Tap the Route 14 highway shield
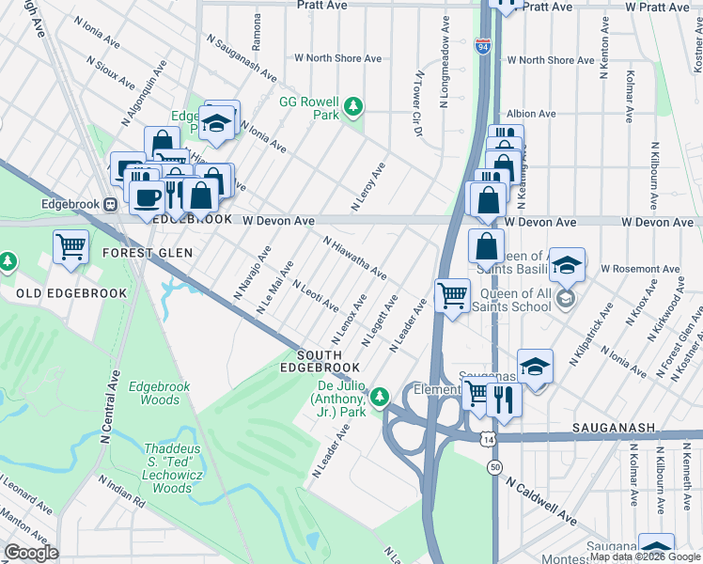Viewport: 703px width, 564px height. click(486, 440)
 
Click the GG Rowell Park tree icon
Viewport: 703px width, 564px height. click(353, 107)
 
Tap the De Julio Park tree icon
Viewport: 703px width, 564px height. click(380, 398)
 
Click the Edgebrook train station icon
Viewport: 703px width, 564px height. click(111, 203)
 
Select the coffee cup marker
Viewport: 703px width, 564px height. click(147, 196)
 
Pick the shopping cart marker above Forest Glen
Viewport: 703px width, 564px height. click(71, 246)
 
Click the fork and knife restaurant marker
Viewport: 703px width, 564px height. click(504, 399)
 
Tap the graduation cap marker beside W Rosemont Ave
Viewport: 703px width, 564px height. click(567, 264)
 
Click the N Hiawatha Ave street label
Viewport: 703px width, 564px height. click(354, 258)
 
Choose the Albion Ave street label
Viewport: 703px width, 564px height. click(535, 114)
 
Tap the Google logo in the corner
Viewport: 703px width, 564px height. click(31, 553)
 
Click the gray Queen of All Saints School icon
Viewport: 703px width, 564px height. click(565, 300)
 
